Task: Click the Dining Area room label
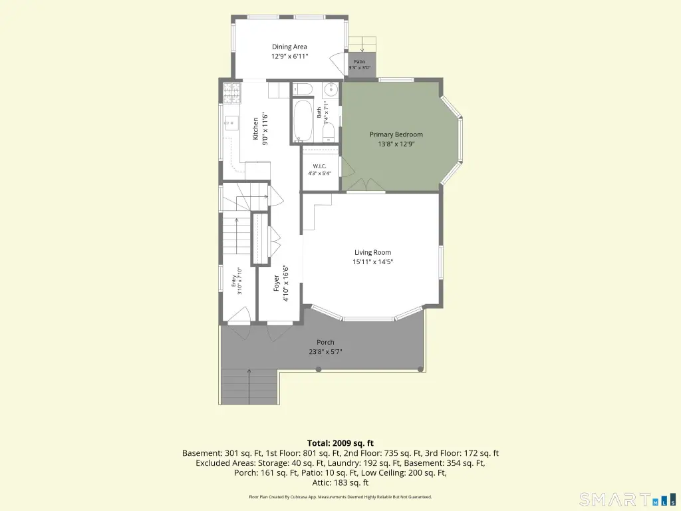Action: [x=289, y=47]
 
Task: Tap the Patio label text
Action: [x=360, y=62]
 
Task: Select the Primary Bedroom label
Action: [x=396, y=134]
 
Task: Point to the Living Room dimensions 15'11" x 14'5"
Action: [x=373, y=261]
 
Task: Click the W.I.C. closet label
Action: [x=320, y=166]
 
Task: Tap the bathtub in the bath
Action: [x=303, y=121]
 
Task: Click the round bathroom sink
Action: [x=331, y=90]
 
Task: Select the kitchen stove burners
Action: [x=232, y=92]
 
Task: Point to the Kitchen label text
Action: [x=256, y=128]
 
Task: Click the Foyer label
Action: [x=277, y=283]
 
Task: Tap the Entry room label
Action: [x=233, y=281]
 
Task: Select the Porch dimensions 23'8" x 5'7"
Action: [x=325, y=352]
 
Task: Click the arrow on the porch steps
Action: [x=249, y=387]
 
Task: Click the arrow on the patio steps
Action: [x=362, y=44]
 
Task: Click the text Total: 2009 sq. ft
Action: [x=340, y=443]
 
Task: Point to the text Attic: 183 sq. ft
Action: [x=340, y=483]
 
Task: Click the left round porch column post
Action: [x=319, y=369]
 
